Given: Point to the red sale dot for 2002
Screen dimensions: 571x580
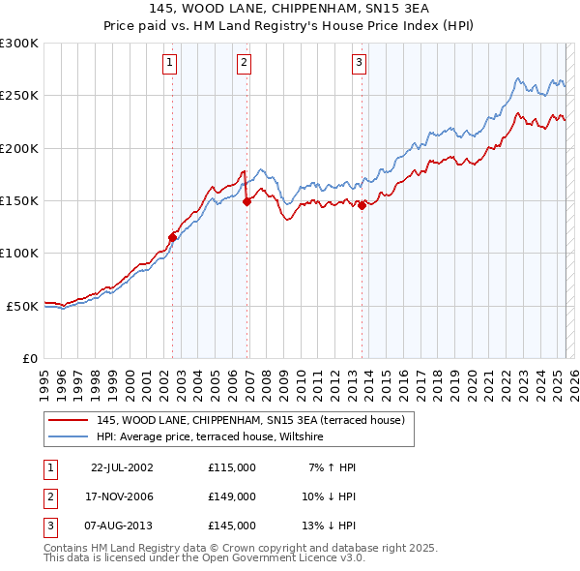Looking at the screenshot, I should (173, 236).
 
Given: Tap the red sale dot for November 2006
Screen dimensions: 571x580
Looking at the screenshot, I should (247, 201).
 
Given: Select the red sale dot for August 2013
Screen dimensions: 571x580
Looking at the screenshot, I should (362, 205).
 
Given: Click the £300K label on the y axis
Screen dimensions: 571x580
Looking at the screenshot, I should (19, 44).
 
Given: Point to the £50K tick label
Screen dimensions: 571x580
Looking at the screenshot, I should (23, 306).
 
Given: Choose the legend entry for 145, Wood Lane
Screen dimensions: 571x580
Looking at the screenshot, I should (256, 420).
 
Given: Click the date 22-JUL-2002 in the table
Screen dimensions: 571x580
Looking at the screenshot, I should (122, 467).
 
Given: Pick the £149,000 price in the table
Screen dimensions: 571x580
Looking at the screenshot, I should (232, 496).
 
